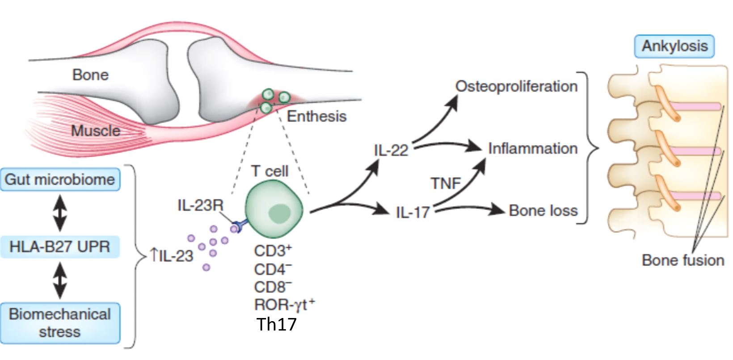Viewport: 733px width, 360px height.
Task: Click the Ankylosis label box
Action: click(x=674, y=46)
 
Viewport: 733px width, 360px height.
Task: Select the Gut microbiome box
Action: click(x=60, y=180)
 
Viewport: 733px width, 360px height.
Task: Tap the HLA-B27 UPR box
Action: click(x=60, y=247)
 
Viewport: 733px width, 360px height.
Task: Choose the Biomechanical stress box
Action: click(x=60, y=323)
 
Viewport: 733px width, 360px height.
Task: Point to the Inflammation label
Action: click(x=532, y=148)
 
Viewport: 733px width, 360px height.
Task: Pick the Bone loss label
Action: click(x=543, y=210)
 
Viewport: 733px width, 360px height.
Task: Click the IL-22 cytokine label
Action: click(x=391, y=151)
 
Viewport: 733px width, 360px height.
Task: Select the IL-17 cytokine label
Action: click(x=413, y=212)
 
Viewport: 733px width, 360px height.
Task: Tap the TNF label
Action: click(x=445, y=183)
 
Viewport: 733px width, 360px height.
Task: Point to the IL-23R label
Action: click(x=200, y=205)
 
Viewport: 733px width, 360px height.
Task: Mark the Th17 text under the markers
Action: click(x=277, y=324)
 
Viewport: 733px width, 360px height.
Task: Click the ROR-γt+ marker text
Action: click(x=284, y=305)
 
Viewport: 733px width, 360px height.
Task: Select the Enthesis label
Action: click(x=316, y=116)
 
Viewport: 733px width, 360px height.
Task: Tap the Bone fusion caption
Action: click(x=682, y=260)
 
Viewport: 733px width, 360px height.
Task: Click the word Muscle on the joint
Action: click(x=96, y=131)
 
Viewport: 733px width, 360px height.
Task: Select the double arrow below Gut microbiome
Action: click(x=60, y=213)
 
